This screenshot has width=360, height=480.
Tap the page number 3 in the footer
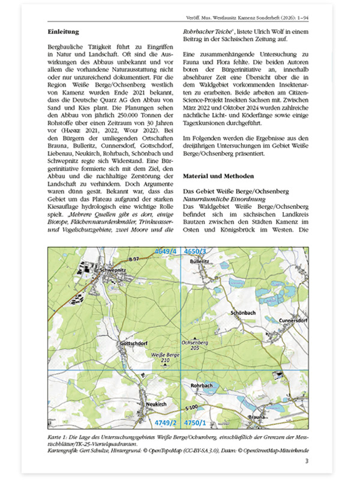(x=307, y=461)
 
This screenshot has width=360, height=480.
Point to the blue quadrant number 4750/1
(x=196, y=423)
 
